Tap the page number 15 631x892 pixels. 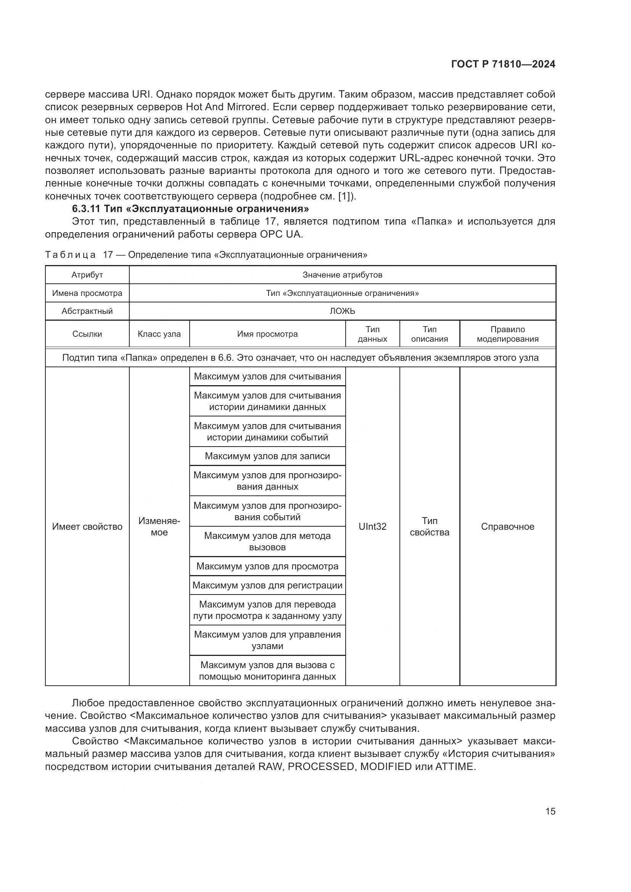click(x=550, y=811)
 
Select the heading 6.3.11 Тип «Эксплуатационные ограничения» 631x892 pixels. click(x=190, y=209)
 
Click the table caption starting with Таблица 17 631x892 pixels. click(x=206, y=255)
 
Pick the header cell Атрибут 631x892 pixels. click(x=87, y=275)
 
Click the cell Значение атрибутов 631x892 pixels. click(x=342, y=275)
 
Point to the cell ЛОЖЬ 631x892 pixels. click(x=342, y=311)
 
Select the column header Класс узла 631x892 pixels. click(x=159, y=334)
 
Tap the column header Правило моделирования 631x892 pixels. click(x=507, y=334)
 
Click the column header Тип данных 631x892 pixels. click(x=372, y=334)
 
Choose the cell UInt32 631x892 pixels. click(x=372, y=526)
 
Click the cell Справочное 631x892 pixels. click(x=507, y=526)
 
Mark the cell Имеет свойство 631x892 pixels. click(x=87, y=526)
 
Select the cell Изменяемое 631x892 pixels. click(x=159, y=526)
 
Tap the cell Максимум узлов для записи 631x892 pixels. click(x=267, y=456)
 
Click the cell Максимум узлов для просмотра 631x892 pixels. click(x=267, y=566)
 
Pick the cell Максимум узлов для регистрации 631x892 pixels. click(x=267, y=585)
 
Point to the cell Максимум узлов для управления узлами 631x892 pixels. click(x=267, y=640)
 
